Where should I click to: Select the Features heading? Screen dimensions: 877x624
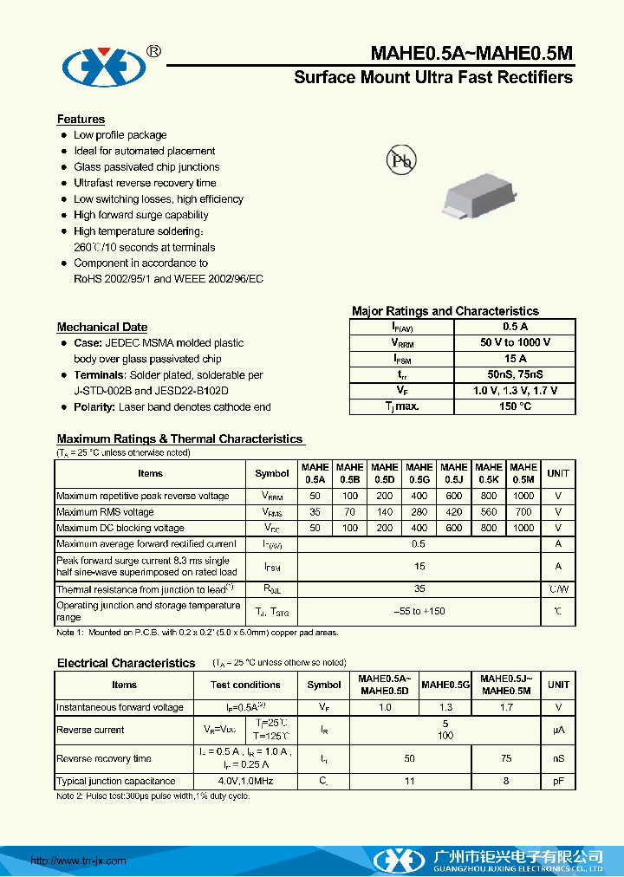pos(81,120)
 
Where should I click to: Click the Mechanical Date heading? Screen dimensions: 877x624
pos(101,327)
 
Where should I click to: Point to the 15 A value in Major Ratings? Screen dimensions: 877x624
pos(515,359)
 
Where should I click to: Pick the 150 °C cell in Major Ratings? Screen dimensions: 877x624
pos(515,406)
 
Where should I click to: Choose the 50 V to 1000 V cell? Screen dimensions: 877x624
pos(515,343)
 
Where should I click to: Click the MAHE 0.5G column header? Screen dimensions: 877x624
pos(419,473)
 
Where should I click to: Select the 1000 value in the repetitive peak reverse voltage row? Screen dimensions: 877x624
pos(523,497)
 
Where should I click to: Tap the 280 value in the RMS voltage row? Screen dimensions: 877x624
pos(419,512)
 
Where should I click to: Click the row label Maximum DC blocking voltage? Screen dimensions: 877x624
pos(120,528)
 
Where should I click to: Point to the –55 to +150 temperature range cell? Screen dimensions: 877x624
pos(419,611)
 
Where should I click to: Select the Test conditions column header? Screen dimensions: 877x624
pos(245,685)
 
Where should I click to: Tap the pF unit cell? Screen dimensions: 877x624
pos(558,781)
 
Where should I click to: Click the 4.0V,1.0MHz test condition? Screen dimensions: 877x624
pos(245,781)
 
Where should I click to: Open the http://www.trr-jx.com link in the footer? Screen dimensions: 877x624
pos(78,861)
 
